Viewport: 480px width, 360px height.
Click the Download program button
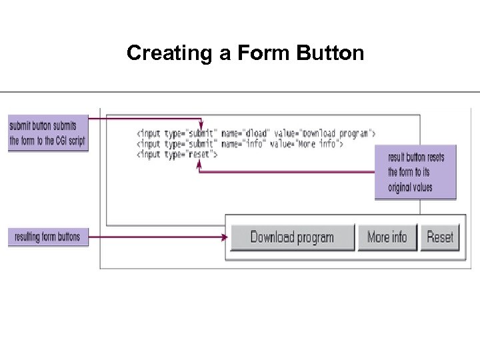(292, 237)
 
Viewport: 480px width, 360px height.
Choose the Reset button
(440, 237)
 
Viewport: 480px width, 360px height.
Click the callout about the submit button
(47, 133)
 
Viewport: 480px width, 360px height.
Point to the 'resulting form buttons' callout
(47, 237)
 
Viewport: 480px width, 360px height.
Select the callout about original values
(415, 172)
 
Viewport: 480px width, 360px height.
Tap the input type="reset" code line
(177, 154)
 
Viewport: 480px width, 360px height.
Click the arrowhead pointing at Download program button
(225, 237)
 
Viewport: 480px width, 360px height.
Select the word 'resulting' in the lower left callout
(27, 237)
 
